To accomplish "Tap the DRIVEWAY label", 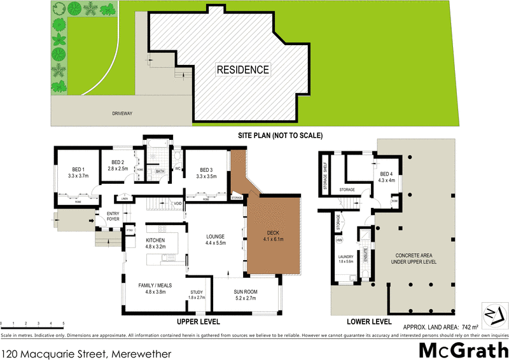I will click(x=121, y=113).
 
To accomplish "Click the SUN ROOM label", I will click(x=244, y=294).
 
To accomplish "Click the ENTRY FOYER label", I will click(x=113, y=216).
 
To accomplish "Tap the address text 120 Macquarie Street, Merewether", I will click(x=87, y=351).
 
